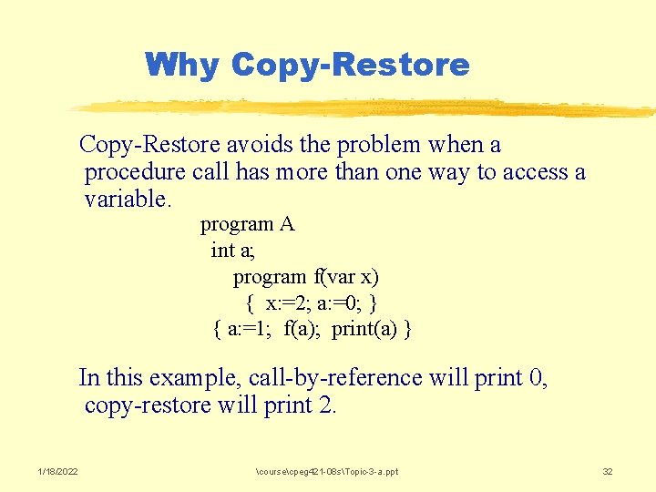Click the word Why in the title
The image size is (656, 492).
(x=182, y=65)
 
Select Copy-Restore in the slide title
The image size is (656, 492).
(x=351, y=65)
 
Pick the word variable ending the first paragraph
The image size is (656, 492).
(x=126, y=199)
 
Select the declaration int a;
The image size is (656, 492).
(x=233, y=250)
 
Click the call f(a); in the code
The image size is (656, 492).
(x=303, y=329)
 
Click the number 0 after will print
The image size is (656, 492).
(x=537, y=378)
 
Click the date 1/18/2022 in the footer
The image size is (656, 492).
(x=57, y=471)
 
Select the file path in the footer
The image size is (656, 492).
(x=327, y=471)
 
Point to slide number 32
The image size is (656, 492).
(x=608, y=471)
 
